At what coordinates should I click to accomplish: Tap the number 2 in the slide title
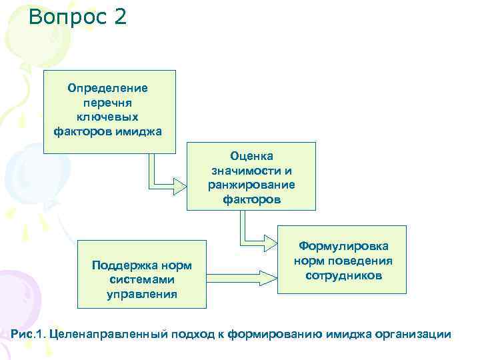click(119, 16)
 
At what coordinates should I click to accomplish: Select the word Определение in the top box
click(108, 87)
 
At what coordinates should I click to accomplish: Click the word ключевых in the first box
click(108, 116)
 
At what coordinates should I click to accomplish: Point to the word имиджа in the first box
click(140, 130)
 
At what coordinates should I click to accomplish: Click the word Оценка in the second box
click(251, 155)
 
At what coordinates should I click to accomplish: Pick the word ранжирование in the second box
click(251, 185)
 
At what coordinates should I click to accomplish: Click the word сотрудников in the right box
click(343, 275)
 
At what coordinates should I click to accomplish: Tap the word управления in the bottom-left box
click(142, 294)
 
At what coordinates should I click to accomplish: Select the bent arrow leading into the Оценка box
click(163, 181)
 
